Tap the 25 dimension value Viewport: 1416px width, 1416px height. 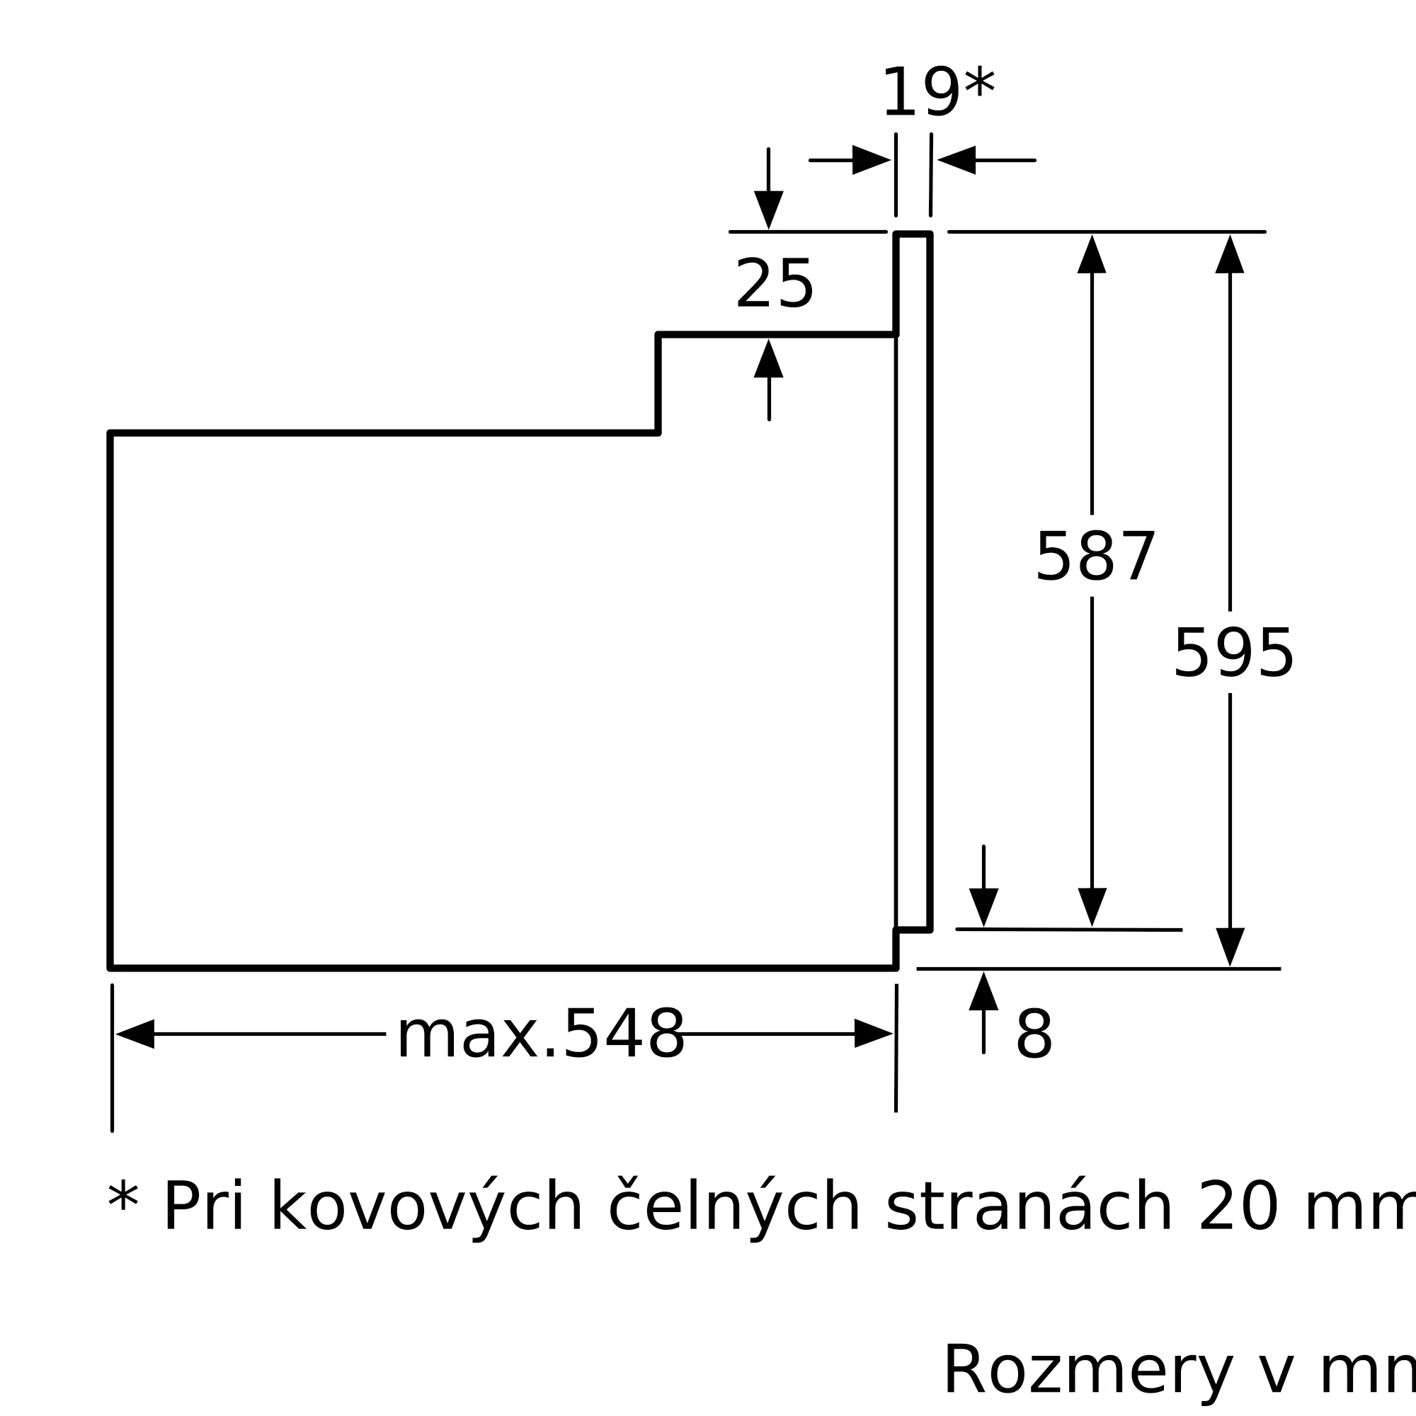(774, 285)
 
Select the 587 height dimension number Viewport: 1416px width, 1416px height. (1095, 558)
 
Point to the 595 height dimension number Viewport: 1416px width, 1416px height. (1233, 654)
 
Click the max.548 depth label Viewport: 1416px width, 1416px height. (541, 1034)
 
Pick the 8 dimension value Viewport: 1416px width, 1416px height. (1034, 1035)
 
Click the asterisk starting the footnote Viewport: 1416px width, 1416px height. (123, 1201)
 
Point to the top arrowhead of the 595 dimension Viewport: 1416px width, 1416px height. (1230, 255)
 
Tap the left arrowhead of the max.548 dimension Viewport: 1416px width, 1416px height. (136, 1034)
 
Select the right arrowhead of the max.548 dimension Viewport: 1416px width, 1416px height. (873, 1034)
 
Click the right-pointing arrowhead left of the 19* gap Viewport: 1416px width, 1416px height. (871, 160)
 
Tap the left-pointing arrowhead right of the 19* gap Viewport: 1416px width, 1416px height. (957, 160)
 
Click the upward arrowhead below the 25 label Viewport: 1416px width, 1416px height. (769, 359)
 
